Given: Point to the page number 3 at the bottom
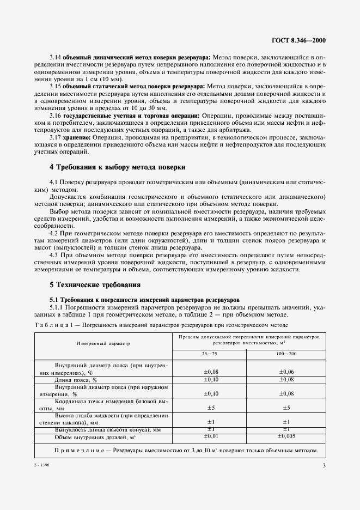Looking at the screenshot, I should pyautogui.click(x=324, y=465).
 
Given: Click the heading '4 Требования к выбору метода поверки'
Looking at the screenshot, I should pyautogui.click(x=117, y=167).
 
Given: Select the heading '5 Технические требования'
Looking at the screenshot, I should pyautogui.click(x=95, y=284).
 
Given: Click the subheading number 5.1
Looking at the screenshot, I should pyautogui.click(x=55, y=300).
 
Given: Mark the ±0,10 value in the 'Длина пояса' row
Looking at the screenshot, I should pyautogui.click(x=211, y=379).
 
